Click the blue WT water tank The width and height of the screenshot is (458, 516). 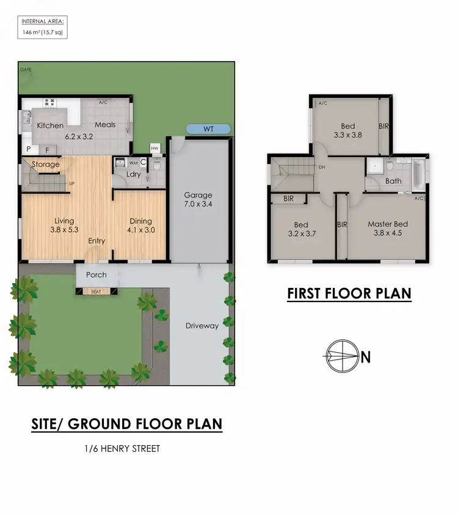point(208,129)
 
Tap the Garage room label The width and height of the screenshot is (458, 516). point(198,196)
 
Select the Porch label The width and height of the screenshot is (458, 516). point(96,275)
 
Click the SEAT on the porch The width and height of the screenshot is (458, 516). point(96,292)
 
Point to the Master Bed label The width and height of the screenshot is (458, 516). point(387,224)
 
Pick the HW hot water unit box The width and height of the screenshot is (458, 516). point(154,149)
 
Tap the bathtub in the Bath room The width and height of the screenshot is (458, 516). point(420,174)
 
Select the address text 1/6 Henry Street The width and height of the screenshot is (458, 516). point(122,449)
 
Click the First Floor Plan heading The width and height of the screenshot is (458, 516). point(349,294)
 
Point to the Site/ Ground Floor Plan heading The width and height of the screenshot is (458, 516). point(126,424)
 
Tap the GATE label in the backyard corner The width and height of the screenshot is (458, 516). point(26,70)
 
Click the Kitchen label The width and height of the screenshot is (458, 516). point(50,125)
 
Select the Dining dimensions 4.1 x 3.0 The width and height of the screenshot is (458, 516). point(140,230)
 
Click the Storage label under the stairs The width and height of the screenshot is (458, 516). point(46,164)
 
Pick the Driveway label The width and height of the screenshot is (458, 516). point(202,326)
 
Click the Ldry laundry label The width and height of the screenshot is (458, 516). point(133,174)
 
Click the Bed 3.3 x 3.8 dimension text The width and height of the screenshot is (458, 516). point(347,136)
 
